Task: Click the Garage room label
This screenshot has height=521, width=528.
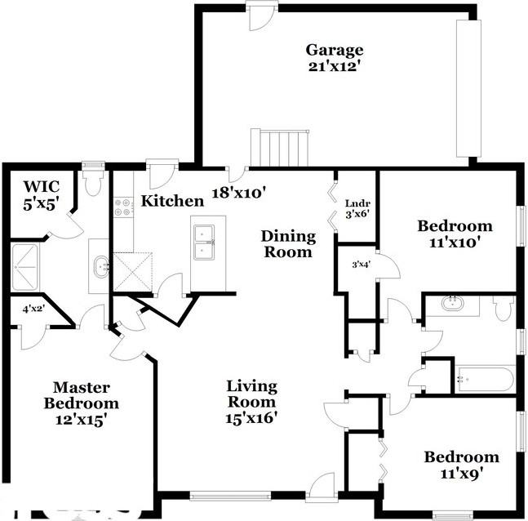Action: click(334, 50)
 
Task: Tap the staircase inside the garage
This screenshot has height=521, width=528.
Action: click(281, 147)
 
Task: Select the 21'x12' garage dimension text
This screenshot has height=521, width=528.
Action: click(334, 66)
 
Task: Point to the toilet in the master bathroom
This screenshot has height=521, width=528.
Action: click(92, 180)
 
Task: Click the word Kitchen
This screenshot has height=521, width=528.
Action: click(172, 201)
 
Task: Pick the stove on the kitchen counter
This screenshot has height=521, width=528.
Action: click(124, 207)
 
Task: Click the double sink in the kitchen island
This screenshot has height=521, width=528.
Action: click(203, 243)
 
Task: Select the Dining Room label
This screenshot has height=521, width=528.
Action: click(288, 244)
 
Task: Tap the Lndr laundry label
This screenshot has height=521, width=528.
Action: click(357, 204)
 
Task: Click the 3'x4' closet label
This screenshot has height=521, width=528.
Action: click(360, 264)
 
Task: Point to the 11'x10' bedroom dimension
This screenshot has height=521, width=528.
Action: click(455, 242)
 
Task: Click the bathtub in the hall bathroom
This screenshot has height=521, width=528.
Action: click(485, 379)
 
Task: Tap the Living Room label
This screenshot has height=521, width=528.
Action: click(252, 394)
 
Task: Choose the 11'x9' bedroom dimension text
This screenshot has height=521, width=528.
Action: click(460, 473)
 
